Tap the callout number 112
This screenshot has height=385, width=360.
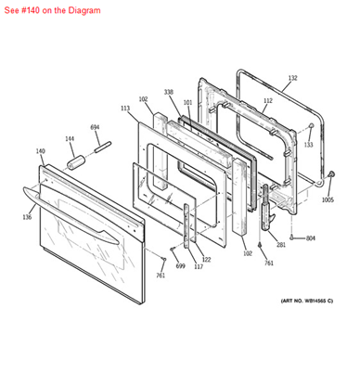tap(267, 101)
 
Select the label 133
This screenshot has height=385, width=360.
tap(308, 145)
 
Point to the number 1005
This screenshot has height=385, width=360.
tap(328, 199)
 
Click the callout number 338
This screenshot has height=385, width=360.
tap(168, 93)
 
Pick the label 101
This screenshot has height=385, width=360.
tap(187, 102)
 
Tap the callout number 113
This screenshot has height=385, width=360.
tap(124, 109)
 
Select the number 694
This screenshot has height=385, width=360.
tap(95, 127)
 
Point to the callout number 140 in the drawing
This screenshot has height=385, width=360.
tap(40, 150)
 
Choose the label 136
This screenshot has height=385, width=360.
tap(27, 217)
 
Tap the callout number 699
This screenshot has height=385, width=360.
tap(182, 266)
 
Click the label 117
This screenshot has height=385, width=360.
tap(198, 267)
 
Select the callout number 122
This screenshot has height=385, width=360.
tap(206, 259)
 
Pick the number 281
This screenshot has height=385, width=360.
tap(281, 245)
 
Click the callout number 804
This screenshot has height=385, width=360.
tap(310, 238)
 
